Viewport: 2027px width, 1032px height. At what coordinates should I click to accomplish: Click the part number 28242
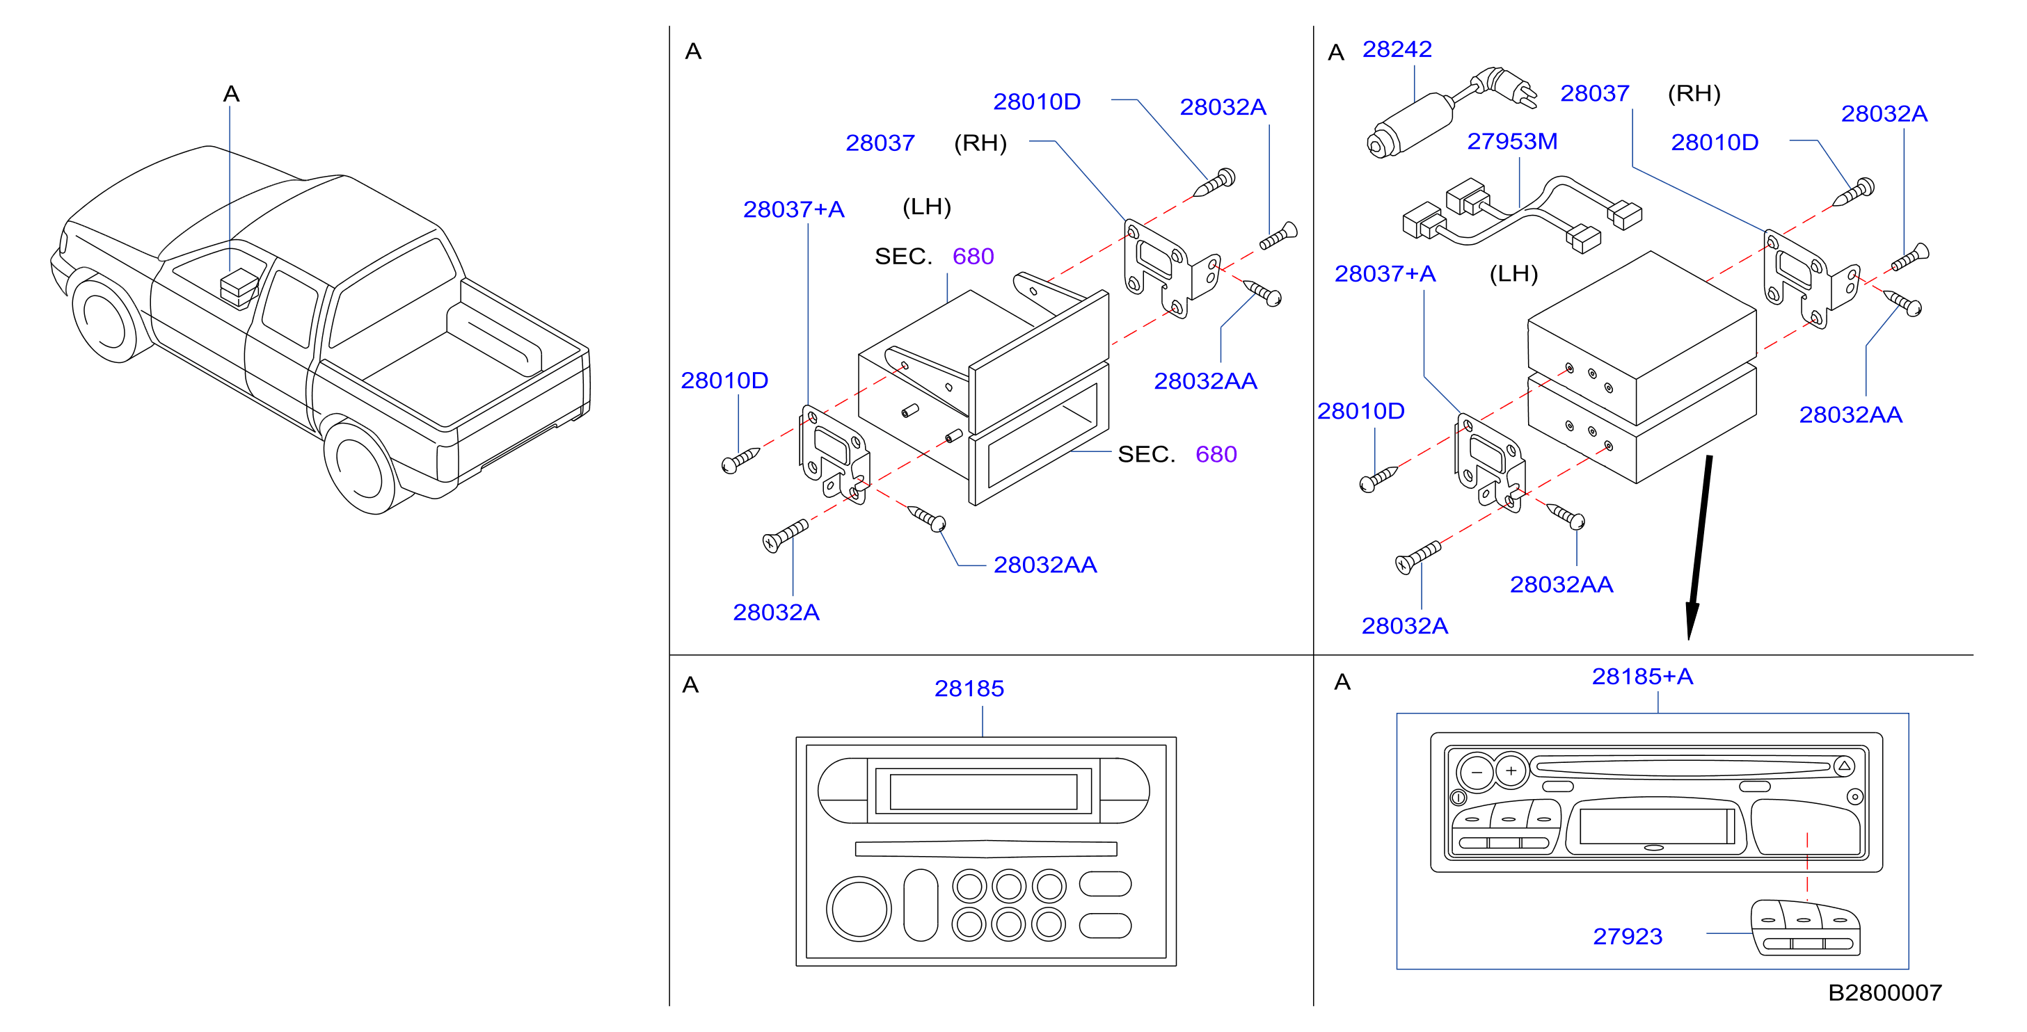click(x=1397, y=49)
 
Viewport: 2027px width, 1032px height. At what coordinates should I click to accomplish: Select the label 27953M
click(x=1511, y=142)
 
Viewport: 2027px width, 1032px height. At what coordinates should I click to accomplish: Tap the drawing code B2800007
click(x=1884, y=992)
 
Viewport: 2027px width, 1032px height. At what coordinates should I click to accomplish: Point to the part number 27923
click(x=1628, y=936)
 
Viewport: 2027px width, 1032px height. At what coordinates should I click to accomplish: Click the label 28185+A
click(x=1642, y=677)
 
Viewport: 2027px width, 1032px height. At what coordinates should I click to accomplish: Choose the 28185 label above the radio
click(x=969, y=689)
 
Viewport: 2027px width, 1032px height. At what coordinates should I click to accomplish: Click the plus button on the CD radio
click(x=1511, y=771)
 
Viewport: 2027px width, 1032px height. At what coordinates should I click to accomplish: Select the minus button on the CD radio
click(x=1476, y=772)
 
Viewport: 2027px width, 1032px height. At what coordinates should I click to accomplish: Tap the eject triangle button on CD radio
click(x=1845, y=766)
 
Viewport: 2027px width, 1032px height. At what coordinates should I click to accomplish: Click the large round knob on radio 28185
click(x=859, y=908)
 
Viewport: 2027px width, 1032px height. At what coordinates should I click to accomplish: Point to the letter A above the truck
click(x=230, y=95)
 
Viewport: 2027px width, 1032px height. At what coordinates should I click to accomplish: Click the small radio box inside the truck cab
click(x=239, y=288)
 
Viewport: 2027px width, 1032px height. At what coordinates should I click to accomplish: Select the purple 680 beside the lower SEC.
click(x=1216, y=455)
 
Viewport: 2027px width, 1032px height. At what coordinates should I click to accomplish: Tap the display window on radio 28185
click(x=983, y=791)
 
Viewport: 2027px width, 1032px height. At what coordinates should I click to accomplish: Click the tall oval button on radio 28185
click(x=921, y=905)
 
